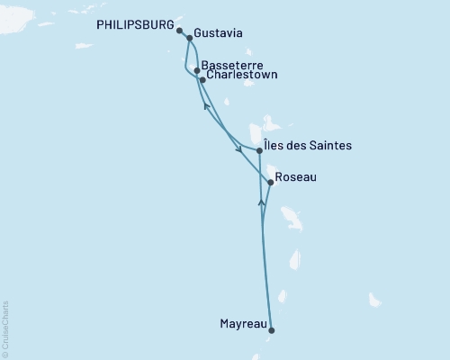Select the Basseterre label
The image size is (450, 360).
coord(233,66)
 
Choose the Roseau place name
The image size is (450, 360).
coord(296,178)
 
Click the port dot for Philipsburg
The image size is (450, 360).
coord(180,31)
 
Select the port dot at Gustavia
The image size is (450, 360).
coord(189,39)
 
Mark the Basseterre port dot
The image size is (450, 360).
coord(197,69)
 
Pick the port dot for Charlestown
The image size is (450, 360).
coord(202,80)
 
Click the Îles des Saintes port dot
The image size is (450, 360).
coord(259,150)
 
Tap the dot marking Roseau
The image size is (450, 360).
coord(270,183)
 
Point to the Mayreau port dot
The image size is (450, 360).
coord(271,329)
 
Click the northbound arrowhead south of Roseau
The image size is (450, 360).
coord(262,202)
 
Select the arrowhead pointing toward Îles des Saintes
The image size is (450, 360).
coord(238,148)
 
